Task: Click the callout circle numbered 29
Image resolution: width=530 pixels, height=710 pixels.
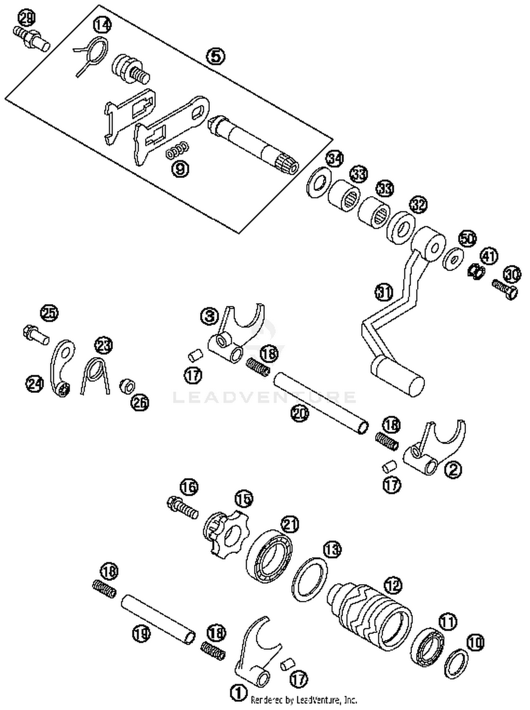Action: pyautogui.click(x=27, y=18)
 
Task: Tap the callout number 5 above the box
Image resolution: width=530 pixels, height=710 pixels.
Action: pyautogui.click(x=216, y=56)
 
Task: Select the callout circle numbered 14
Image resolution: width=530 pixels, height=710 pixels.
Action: pyautogui.click(x=102, y=25)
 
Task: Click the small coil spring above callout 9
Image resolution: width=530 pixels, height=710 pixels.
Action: pyautogui.click(x=177, y=150)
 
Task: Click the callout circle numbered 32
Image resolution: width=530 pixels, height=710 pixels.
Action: pyautogui.click(x=418, y=205)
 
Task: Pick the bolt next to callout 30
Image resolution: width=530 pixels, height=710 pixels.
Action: pyautogui.click(x=505, y=289)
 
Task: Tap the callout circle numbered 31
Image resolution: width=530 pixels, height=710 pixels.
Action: pyautogui.click(x=384, y=293)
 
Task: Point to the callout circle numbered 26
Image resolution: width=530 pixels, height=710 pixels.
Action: pyautogui.click(x=140, y=402)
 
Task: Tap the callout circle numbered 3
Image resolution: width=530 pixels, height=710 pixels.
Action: pyautogui.click(x=210, y=316)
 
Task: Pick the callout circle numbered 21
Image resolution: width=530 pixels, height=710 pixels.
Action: pyautogui.click(x=290, y=524)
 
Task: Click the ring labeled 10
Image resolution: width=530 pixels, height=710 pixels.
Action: pyautogui.click(x=456, y=663)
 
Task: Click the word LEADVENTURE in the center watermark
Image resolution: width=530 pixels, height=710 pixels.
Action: pyautogui.click(x=264, y=397)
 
